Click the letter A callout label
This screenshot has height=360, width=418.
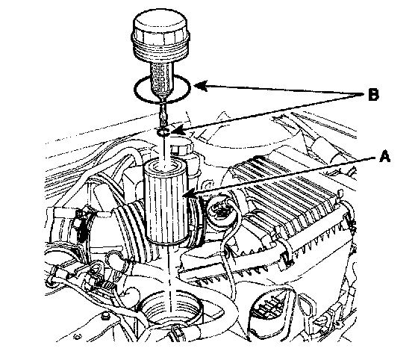[384, 157]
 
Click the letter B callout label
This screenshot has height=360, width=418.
[373, 95]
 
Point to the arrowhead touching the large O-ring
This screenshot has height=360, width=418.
[201, 86]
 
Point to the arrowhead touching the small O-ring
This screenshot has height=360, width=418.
[175, 131]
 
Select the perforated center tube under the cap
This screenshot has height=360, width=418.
[160, 78]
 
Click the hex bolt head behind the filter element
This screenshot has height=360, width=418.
[179, 149]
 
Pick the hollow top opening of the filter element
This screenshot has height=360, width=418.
[166, 166]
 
